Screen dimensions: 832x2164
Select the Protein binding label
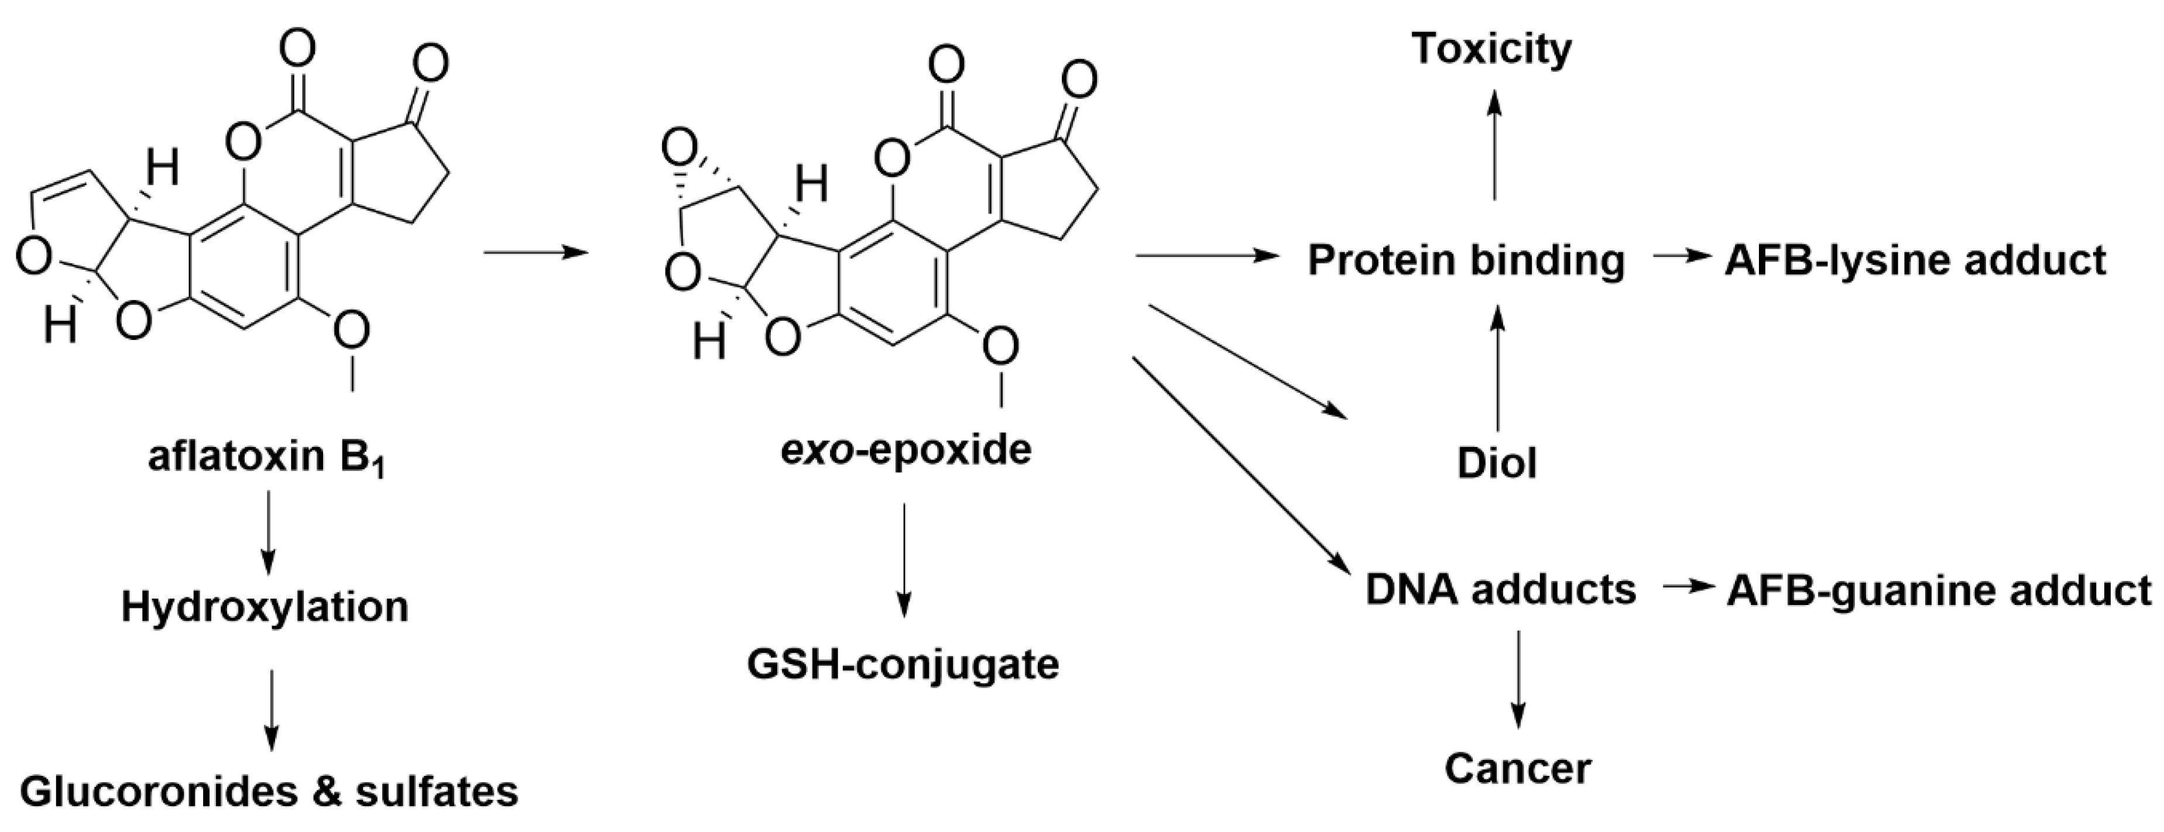(x=1466, y=260)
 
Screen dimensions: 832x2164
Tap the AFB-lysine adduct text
(x=1915, y=260)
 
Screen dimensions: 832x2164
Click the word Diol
(x=1497, y=463)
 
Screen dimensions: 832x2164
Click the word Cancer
(x=1518, y=768)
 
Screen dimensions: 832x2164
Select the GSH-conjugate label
(x=903, y=664)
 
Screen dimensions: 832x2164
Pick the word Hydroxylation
(x=265, y=606)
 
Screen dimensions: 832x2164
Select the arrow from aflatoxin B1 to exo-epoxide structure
(x=535, y=251)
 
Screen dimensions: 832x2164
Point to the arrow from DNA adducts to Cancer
(x=1518, y=678)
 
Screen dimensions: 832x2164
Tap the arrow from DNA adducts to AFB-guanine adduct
(x=1687, y=587)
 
